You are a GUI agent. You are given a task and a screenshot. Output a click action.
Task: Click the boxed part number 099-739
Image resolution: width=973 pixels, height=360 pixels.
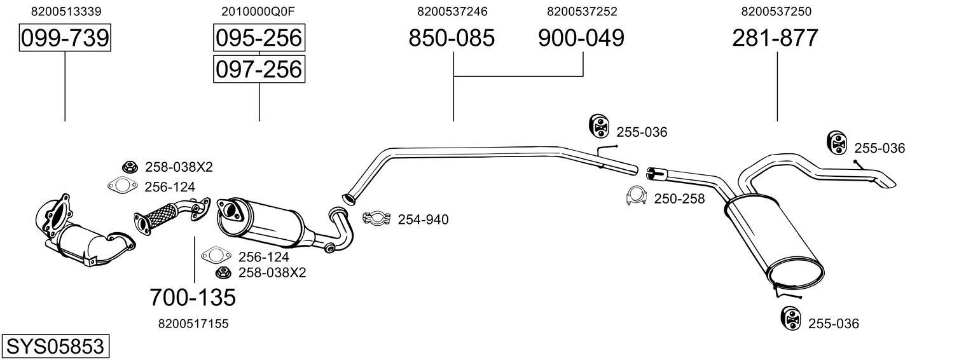pos(65,39)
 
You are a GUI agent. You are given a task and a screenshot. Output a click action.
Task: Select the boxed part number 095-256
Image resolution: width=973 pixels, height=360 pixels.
pos(259,38)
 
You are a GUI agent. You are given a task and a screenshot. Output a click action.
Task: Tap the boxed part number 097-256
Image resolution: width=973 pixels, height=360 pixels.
pos(259,69)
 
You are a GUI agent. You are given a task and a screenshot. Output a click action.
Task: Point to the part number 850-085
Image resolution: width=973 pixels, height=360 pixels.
pos(452,39)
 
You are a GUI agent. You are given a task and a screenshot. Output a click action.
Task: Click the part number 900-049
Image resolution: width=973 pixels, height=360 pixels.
pos(581,39)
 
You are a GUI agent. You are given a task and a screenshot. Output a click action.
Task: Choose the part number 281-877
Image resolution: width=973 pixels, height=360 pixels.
pos(775,39)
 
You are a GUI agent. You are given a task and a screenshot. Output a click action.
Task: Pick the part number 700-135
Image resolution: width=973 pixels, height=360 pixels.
pos(193,297)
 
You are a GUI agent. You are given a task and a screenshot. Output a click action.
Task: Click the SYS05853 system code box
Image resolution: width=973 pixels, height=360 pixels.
pos(55,347)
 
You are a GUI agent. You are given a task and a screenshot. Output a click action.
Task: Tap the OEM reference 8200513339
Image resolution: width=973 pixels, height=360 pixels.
pos(66,11)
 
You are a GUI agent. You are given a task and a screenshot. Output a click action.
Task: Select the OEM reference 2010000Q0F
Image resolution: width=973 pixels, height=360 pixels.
pos(258,11)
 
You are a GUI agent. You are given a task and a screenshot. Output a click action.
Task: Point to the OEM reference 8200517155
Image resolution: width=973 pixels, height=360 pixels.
pos(193,324)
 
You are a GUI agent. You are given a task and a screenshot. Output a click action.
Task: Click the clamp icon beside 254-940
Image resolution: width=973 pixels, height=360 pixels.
pos(376,219)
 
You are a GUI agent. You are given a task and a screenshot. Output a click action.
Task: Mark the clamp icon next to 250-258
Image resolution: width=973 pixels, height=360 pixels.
pos(637,197)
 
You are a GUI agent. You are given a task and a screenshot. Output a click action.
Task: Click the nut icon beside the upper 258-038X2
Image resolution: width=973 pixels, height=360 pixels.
pos(130,167)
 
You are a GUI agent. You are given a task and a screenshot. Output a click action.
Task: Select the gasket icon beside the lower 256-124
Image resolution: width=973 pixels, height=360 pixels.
pos(216,256)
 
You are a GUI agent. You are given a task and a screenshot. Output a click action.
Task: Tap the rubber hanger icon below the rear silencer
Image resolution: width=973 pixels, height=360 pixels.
pos(790,318)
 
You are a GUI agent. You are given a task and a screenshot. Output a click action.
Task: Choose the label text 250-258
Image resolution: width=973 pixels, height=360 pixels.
pos(679,199)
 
